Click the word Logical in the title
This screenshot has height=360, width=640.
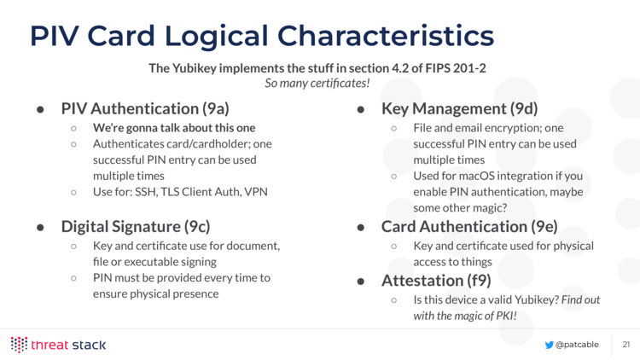217,37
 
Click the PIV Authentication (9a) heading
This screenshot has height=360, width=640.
145,108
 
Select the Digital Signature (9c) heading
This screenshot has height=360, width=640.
136,227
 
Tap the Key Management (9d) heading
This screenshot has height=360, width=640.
459,108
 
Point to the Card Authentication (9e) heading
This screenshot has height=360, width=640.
469,227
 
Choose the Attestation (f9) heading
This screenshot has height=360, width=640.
436,281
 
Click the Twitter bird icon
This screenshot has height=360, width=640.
549,345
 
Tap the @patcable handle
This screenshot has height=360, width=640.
577,345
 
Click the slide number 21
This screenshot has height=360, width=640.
626,345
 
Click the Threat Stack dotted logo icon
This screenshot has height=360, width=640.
19,345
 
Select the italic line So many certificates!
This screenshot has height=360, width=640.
317,84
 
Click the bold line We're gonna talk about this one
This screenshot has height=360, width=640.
174,128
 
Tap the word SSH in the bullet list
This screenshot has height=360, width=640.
146,192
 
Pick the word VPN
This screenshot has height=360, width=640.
256,192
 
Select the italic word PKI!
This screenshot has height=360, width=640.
506,316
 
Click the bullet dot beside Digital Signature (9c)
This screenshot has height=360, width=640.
40,228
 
